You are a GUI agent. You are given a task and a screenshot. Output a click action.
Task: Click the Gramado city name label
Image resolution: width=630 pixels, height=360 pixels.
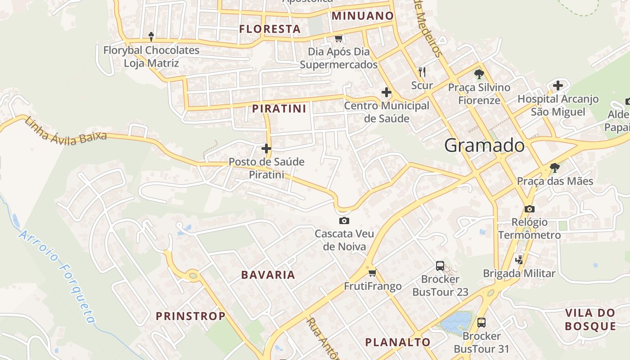point(484,145)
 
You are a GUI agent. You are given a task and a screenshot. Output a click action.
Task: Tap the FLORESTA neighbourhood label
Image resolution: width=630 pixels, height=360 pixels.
point(270,29)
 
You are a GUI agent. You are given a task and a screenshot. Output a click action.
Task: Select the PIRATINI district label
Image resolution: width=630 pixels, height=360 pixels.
point(279,108)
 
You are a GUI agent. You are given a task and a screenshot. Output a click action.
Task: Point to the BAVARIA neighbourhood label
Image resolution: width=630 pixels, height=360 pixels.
point(268,274)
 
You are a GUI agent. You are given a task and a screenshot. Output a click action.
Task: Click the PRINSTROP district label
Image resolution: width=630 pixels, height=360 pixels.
point(191,316)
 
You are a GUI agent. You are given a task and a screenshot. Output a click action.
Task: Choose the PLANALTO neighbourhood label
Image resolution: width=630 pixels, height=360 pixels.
point(398,342)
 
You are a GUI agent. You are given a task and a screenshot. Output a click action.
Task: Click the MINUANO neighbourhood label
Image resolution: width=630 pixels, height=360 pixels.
point(363,16)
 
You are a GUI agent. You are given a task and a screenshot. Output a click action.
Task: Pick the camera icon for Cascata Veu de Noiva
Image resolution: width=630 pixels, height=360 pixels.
point(344,220)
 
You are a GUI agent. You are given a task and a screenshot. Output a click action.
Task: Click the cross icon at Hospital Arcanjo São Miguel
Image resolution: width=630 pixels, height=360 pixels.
point(558,85)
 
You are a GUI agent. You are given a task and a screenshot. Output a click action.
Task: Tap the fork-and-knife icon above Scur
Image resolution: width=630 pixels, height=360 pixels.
point(422,72)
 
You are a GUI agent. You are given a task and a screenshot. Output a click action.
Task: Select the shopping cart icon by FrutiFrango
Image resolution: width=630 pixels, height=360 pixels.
point(372,273)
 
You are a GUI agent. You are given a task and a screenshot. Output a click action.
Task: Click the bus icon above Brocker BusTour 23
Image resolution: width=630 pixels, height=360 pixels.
point(440,265)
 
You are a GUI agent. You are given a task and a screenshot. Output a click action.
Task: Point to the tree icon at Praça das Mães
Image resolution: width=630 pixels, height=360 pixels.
point(555,168)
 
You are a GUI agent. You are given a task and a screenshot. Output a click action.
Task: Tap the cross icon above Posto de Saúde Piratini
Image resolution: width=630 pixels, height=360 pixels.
point(266,148)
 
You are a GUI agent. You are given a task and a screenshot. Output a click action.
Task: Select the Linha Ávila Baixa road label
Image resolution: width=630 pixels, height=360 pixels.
point(66,130)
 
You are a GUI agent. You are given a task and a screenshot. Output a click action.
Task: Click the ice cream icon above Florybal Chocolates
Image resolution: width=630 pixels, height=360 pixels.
point(151,36)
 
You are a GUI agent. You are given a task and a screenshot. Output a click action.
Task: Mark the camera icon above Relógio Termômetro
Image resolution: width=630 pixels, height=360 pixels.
point(529,209)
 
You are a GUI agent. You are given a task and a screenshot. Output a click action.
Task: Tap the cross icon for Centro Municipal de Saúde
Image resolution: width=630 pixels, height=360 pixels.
point(386,93)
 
